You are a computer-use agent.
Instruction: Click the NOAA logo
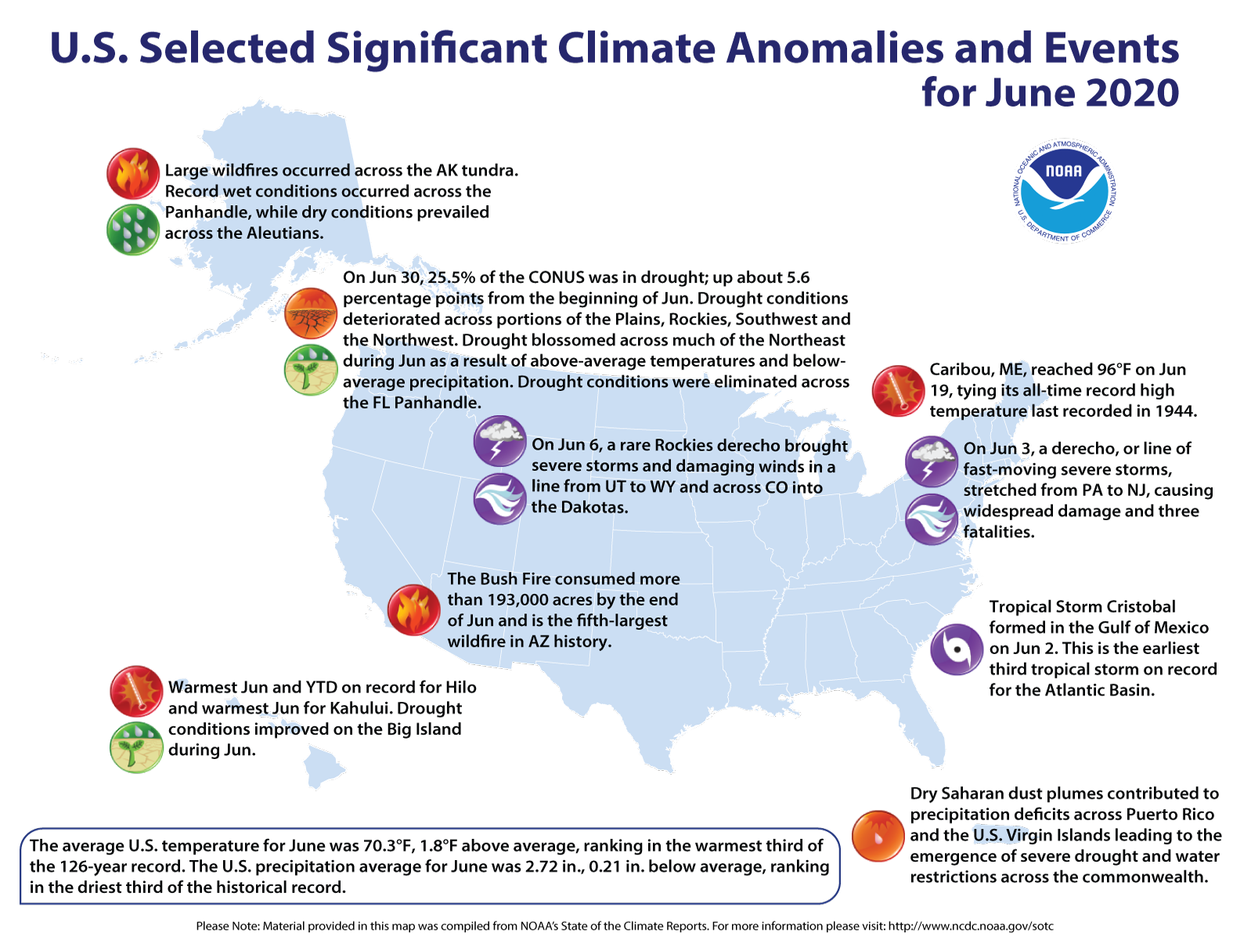coord(1065,191)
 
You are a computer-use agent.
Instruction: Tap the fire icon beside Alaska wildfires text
coord(133,174)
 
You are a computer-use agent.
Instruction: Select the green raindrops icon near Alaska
coord(133,230)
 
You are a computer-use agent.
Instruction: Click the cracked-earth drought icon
coord(311,313)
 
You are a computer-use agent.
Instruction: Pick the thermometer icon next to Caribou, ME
coord(899,390)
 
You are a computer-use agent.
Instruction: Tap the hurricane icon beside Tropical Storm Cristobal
coord(957,649)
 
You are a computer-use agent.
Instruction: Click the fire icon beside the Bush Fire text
coord(413,609)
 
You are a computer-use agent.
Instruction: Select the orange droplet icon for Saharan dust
coord(878,835)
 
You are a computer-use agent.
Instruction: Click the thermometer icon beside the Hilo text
coord(136,692)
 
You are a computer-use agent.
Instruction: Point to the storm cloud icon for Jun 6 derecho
coord(499,441)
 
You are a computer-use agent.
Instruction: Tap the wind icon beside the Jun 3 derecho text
coord(932,519)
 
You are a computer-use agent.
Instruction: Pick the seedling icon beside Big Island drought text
coord(136,747)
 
